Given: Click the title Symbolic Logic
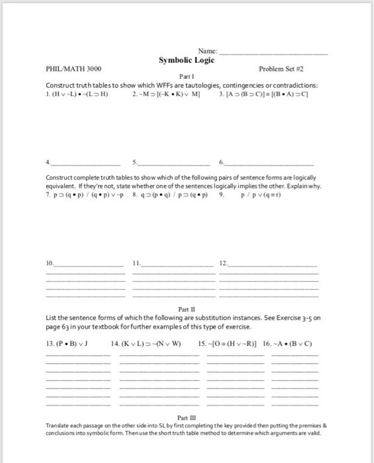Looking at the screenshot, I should (187, 60).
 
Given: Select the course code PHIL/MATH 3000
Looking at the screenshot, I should (73, 68).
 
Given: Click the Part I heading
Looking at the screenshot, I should (187, 77).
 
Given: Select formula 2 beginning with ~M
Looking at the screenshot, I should (161, 93).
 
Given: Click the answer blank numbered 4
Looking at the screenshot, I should (86, 163).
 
